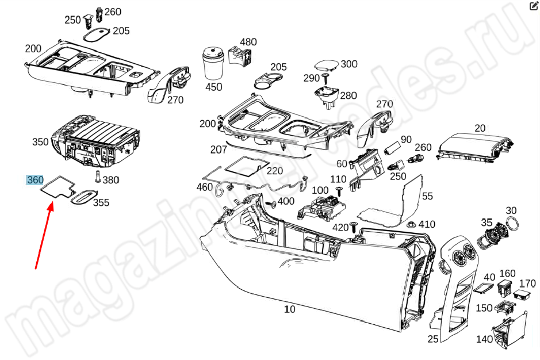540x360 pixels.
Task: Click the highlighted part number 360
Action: tap(35, 180)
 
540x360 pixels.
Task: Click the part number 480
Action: tap(248, 42)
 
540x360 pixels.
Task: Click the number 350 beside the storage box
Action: tap(40, 142)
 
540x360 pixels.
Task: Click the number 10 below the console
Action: tap(290, 309)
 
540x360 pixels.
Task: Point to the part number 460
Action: tap(204, 187)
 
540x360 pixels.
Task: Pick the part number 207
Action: tap(219, 150)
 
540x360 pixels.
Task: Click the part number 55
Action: tap(427, 196)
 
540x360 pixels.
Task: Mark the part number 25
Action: tap(433, 339)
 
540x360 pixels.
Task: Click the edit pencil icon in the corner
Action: tap(533, 6)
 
